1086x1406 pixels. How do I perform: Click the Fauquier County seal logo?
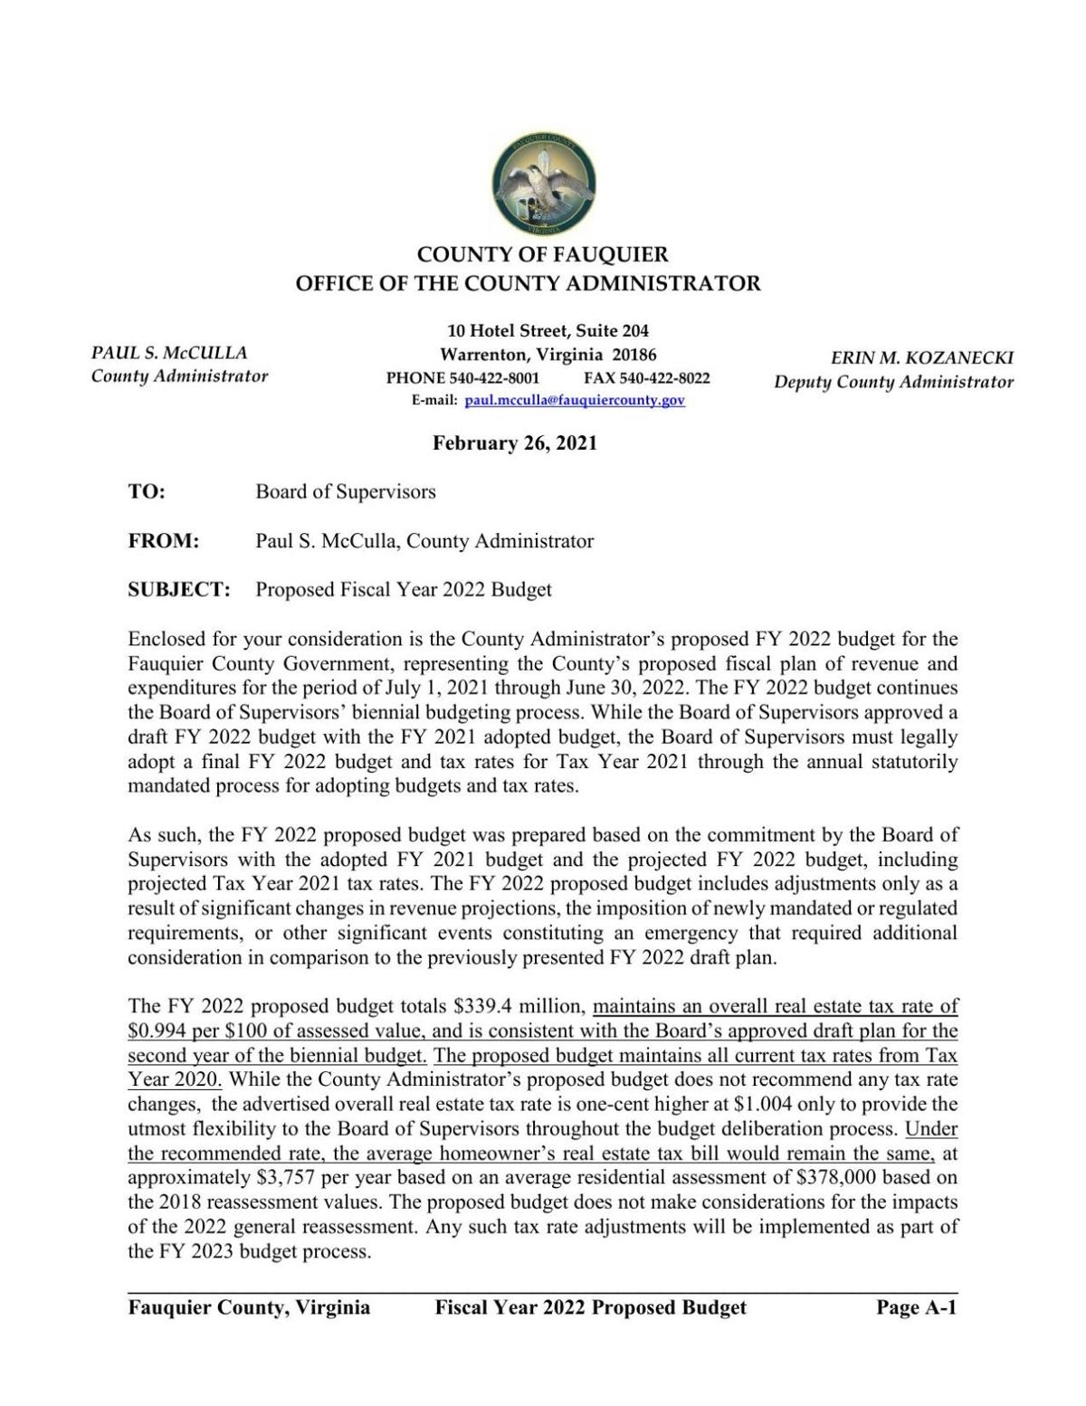click(543, 184)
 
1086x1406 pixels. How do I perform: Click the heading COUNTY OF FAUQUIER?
click(542, 255)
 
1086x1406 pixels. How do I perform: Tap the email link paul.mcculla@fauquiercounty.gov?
click(574, 401)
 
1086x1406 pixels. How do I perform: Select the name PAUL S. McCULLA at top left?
click(169, 353)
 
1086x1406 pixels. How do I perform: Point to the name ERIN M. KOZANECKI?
click(921, 358)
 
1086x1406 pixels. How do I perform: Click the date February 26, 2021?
click(514, 443)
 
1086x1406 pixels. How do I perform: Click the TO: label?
click(147, 492)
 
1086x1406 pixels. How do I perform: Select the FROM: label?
click(163, 541)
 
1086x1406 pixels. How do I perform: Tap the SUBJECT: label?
click(179, 590)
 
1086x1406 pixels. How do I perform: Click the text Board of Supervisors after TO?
click(345, 492)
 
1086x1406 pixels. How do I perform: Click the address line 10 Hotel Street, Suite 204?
click(548, 331)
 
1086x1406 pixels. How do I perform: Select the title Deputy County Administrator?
click(892, 382)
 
